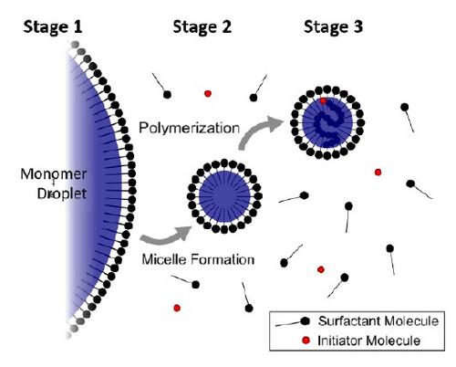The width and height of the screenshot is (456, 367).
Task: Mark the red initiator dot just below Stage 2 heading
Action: [209, 93]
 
